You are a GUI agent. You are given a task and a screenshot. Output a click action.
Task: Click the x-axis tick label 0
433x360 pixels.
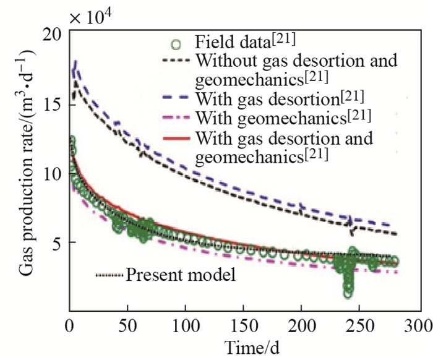click(x=69, y=324)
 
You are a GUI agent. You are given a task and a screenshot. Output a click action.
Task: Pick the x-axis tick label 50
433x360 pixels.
click(x=127, y=324)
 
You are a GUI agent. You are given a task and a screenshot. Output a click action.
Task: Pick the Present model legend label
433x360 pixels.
click(x=181, y=275)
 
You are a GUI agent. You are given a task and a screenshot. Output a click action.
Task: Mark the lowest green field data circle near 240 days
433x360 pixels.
click(x=348, y=293)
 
